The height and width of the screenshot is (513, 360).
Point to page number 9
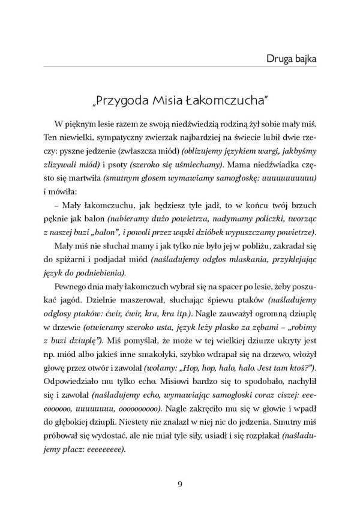click(x=180, y=485)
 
